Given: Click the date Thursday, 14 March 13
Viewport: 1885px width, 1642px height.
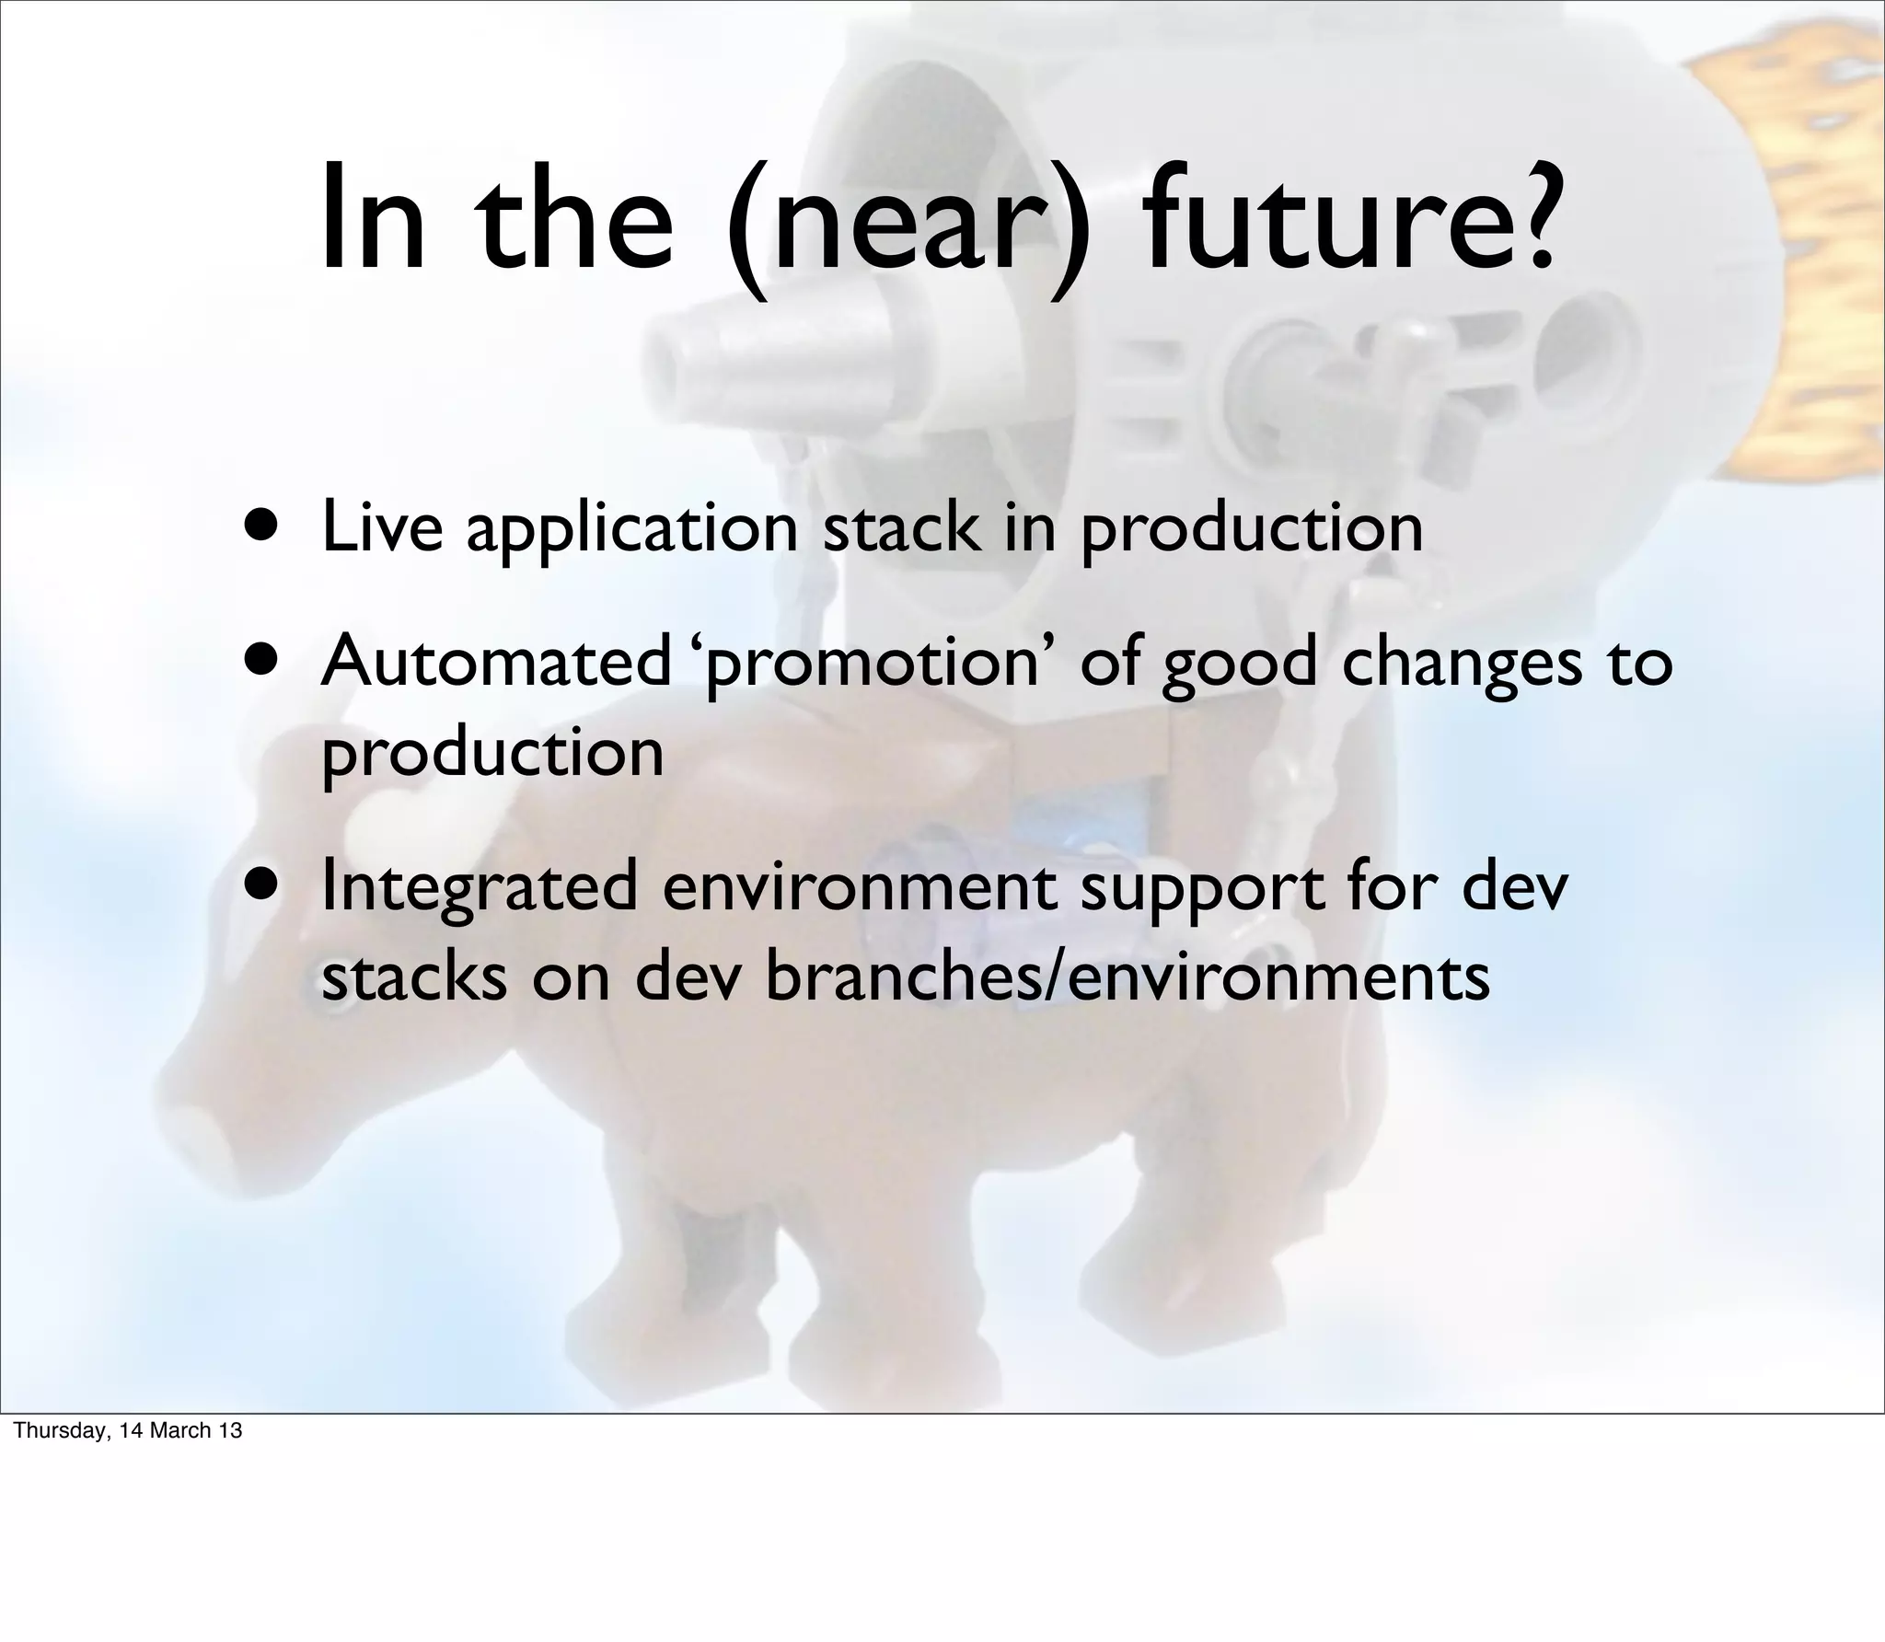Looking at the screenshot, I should [128, 1430].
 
